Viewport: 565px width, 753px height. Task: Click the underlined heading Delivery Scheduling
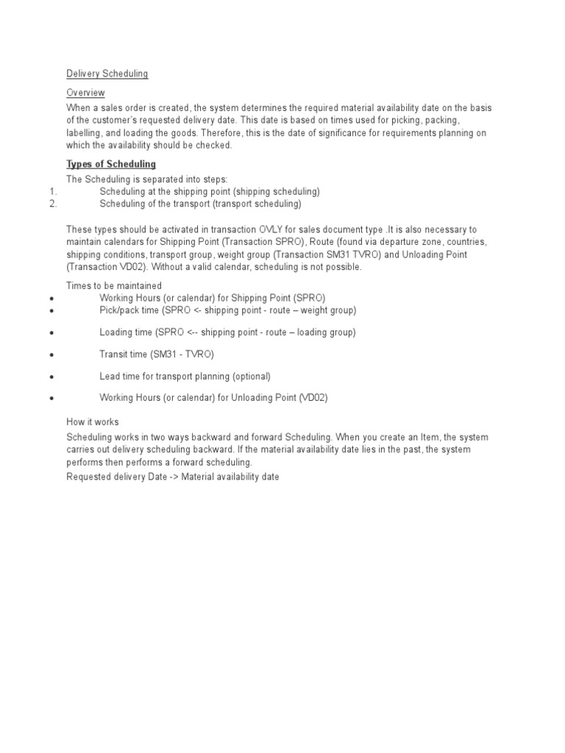(x=107, y=74)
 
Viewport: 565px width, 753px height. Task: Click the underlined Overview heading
(x=85, y=93)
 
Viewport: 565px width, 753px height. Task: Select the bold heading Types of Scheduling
(x=111, y=164)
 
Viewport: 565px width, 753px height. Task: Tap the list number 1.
(x=53, y=191)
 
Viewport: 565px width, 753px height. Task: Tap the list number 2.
(x=53, y=204)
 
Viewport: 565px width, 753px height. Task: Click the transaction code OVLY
(x=271, y=229)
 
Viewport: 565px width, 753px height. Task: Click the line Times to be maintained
(x=114, y=285)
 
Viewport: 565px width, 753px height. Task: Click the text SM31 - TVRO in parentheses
(x=182, y=354)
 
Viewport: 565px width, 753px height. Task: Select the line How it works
(x=92, y=422)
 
